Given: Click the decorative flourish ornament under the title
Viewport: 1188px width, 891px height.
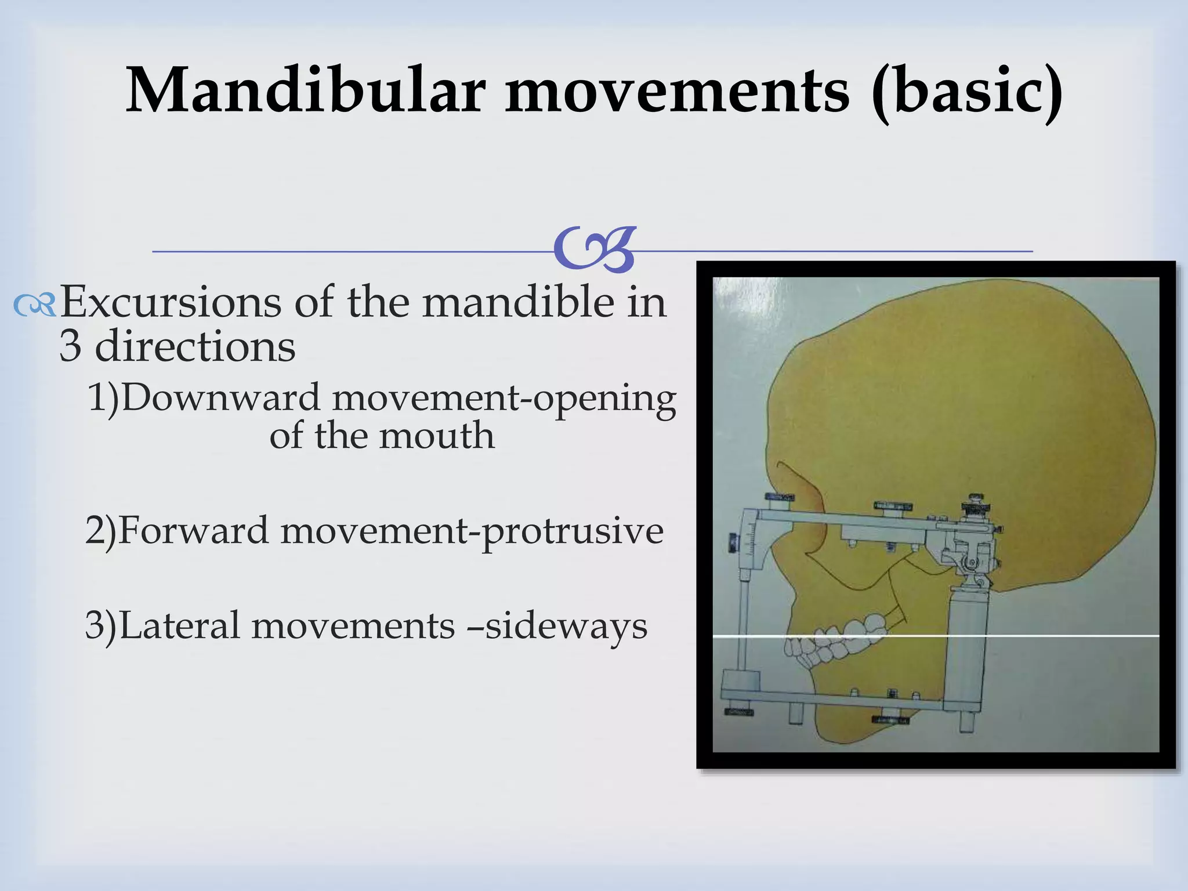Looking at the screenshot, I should [x=595, y=250].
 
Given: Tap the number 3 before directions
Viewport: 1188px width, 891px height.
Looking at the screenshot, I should [x=70, y=346].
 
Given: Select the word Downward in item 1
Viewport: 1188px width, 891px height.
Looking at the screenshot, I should [x=220, y=399].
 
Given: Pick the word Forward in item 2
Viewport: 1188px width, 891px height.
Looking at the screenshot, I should [x=194, y=530].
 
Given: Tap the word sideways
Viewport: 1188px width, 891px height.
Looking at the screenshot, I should [x=566, y=626].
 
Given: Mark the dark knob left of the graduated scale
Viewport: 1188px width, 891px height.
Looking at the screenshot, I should [x=733, y=542].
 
